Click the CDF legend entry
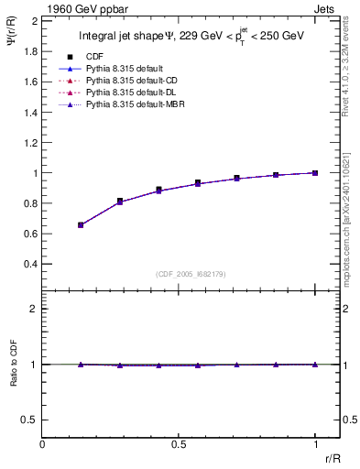(x=93, y=56)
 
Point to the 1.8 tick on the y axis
(x=30, y=50)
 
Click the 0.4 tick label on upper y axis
(x=30, y=264)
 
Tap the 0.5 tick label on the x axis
(x=179, y=443)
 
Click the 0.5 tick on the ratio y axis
(x=30, y=420)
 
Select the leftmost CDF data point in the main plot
(x=81, y=224)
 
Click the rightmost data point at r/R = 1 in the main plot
(x=315, y=172)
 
